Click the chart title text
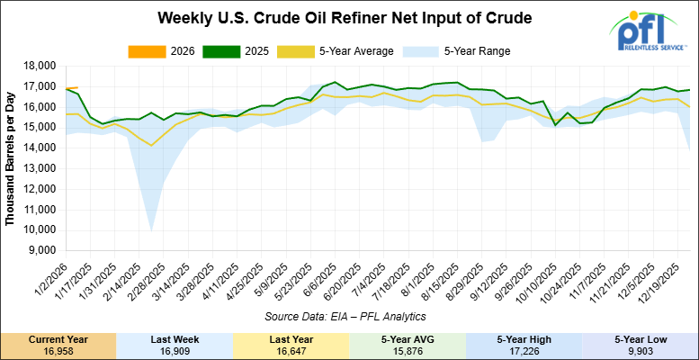tap(345, 18)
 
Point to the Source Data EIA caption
tap(345, 317)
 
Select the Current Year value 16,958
tap(58, 349)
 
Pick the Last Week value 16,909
tap(175, 349)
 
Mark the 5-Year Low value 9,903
tap(640, 349)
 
